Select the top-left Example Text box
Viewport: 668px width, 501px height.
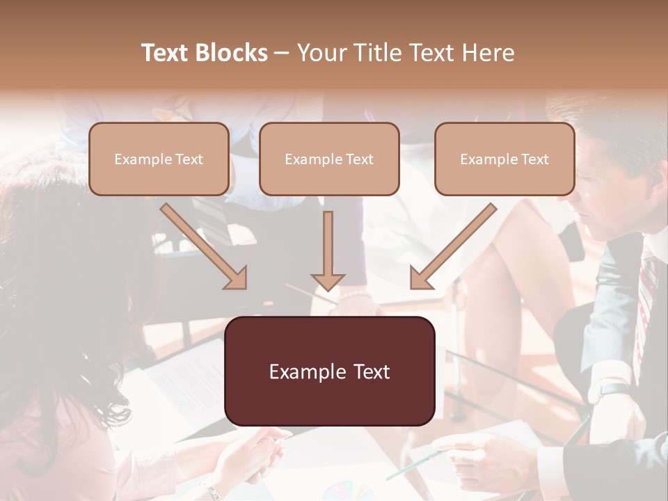click(159, 159)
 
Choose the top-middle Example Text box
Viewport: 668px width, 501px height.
click(329, 159)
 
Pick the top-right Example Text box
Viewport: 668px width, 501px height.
click(504, 159)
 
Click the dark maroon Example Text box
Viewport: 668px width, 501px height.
click(329, 372)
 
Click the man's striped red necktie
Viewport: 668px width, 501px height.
click(646, 292)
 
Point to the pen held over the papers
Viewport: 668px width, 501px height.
click(414, 465)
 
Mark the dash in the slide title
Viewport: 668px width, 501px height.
click(282, 53)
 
